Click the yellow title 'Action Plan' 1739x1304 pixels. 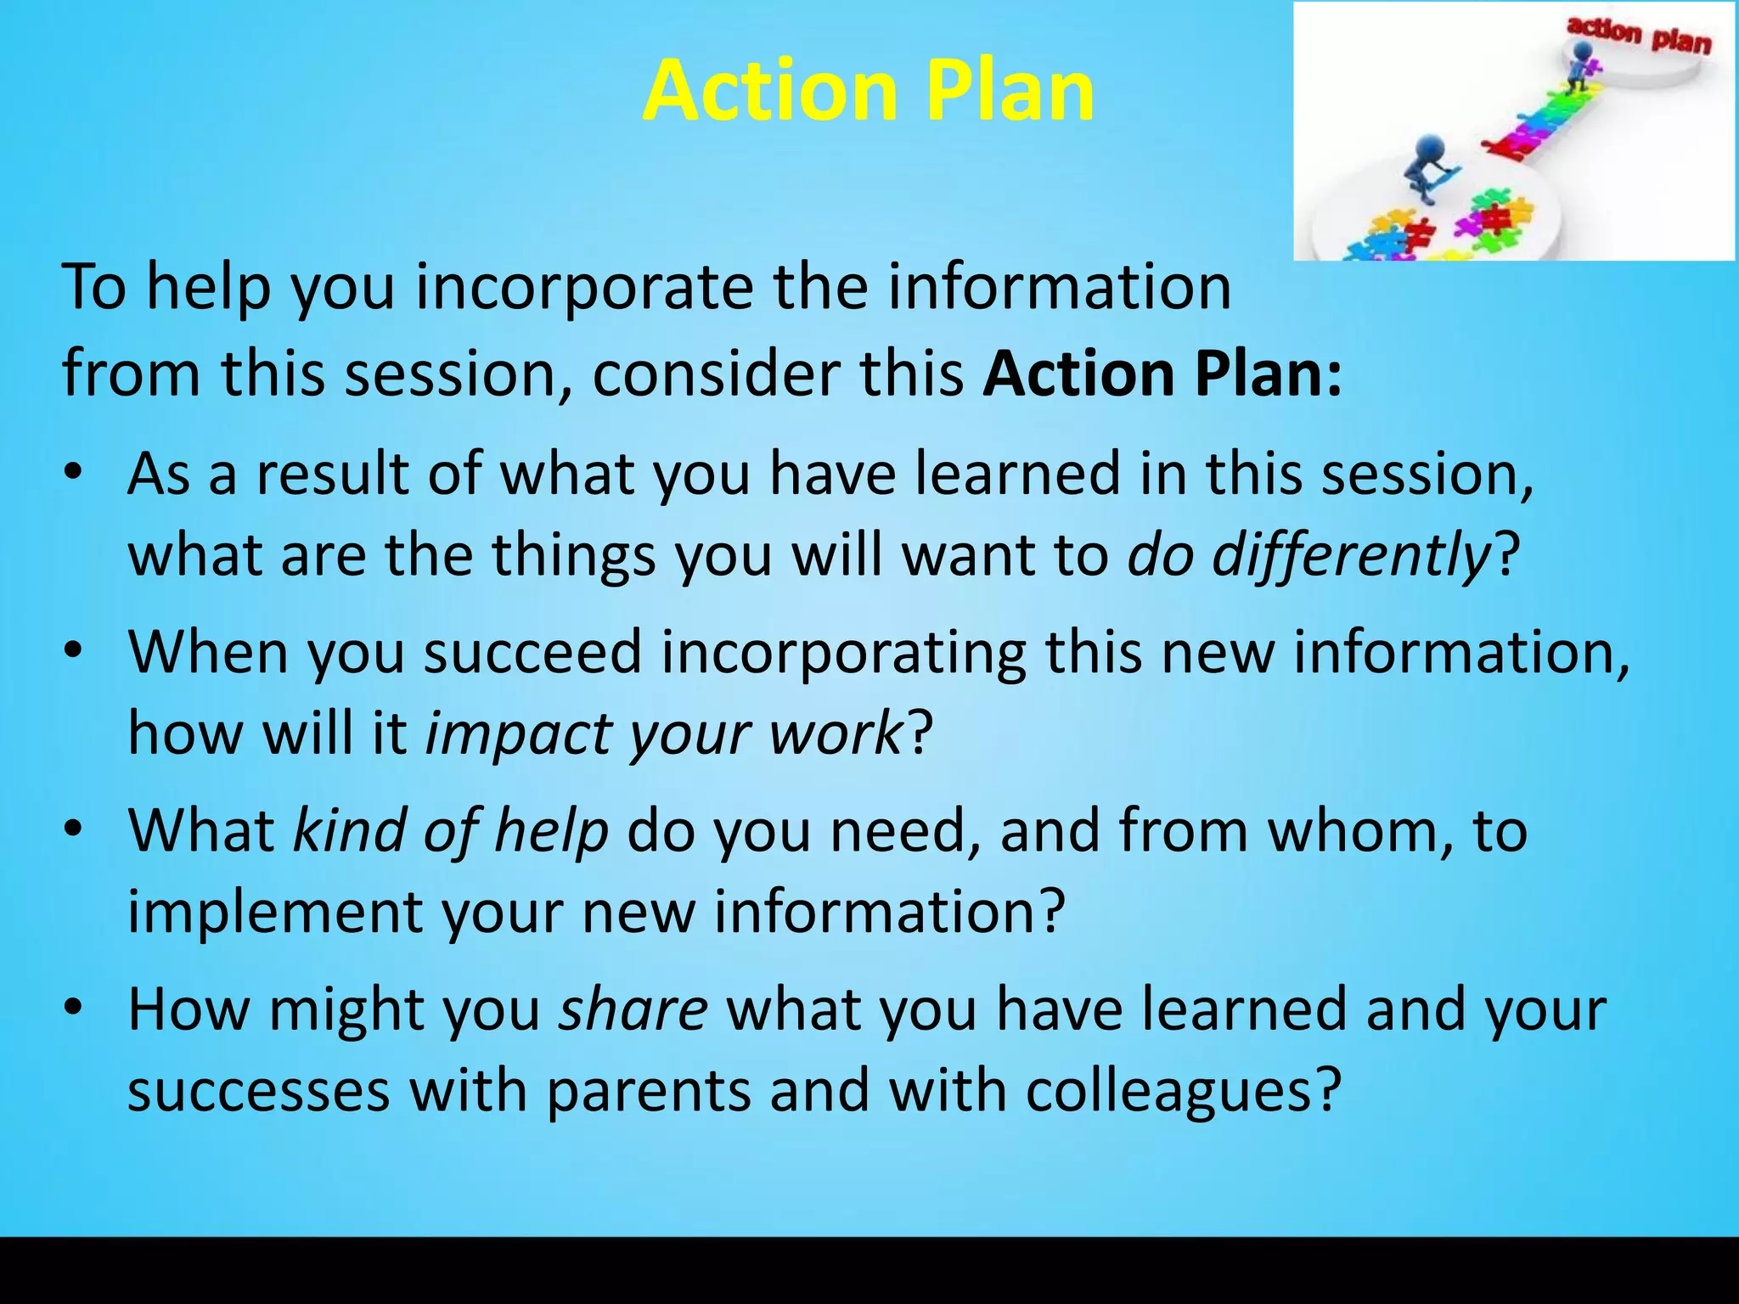[x=868, y=91]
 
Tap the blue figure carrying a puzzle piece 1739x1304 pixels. [x=1429, y=166]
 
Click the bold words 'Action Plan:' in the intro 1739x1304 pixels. [x=1162, y=374]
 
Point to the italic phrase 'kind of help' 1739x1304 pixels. [x=451, y=830]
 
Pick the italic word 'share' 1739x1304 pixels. [x=633, y=1009]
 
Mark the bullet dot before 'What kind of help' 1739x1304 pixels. [x=74, y=829]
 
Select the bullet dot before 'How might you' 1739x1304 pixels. [x=74, y=1009]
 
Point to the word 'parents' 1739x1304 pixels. [x=649, y=1090]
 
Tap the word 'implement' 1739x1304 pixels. [x=273, y=912]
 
